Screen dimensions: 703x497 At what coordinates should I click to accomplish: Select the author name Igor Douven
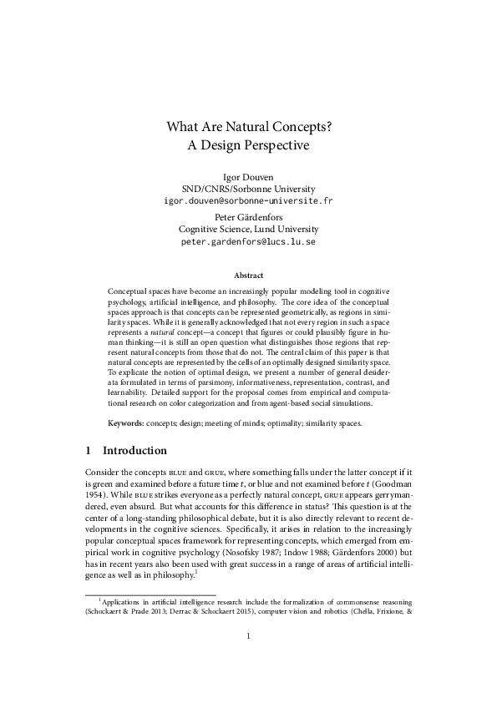point(248,177)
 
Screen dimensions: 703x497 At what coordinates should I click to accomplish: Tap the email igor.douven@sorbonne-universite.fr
point(248,201)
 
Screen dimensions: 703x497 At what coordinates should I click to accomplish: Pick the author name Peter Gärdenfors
point(248,216)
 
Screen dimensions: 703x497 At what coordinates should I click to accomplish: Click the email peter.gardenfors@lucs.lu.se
point(248,241)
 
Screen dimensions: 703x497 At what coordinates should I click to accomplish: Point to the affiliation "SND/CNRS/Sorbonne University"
point(248,189)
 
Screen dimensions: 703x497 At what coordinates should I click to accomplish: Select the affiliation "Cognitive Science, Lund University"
point(248,229)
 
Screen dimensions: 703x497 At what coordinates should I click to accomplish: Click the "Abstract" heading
point(248,276)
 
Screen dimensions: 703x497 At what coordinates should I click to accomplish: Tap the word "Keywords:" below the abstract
point(128,424)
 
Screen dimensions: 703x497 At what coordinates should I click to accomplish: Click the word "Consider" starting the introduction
point(104,473)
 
